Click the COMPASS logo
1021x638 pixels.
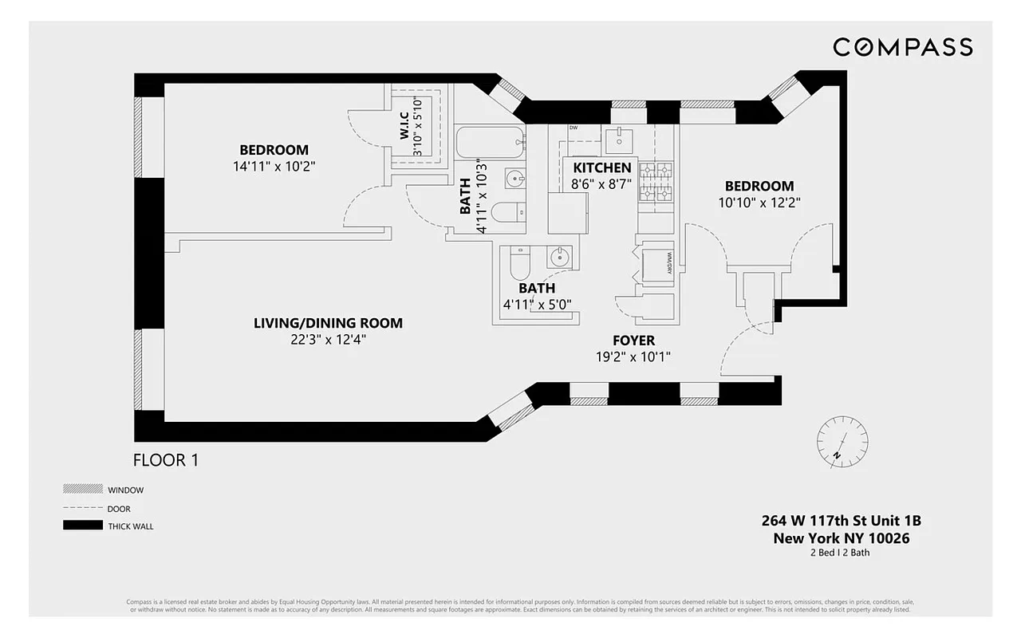[902, 47]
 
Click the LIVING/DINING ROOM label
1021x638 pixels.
[328, 323]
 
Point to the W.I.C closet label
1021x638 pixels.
[404, 126]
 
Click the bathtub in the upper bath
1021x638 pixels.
[490, 144]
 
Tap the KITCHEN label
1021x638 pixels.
[602, 167]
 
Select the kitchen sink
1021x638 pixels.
[619, 141]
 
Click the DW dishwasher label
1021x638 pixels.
[574, 128]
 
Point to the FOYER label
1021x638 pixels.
[634, 341]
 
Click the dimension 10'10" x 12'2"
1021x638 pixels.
[759, 203]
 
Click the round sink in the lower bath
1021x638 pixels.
[560, 257]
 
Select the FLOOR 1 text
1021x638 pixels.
[165, 460]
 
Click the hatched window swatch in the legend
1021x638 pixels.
[83, 489]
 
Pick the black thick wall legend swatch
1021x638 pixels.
[83, 526]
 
